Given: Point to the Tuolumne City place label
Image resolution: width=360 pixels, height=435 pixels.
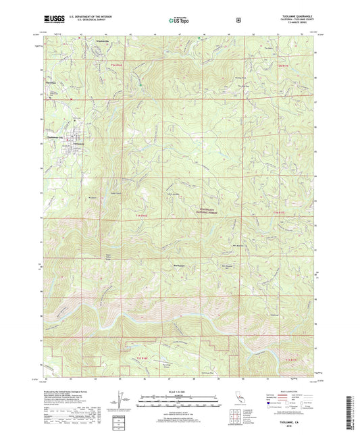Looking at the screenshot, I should pyautogui.click(x=53, y=136).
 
